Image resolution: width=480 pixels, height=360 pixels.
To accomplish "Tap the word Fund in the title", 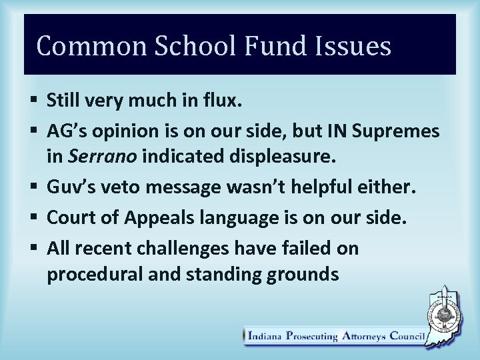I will (x=267, y=46).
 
